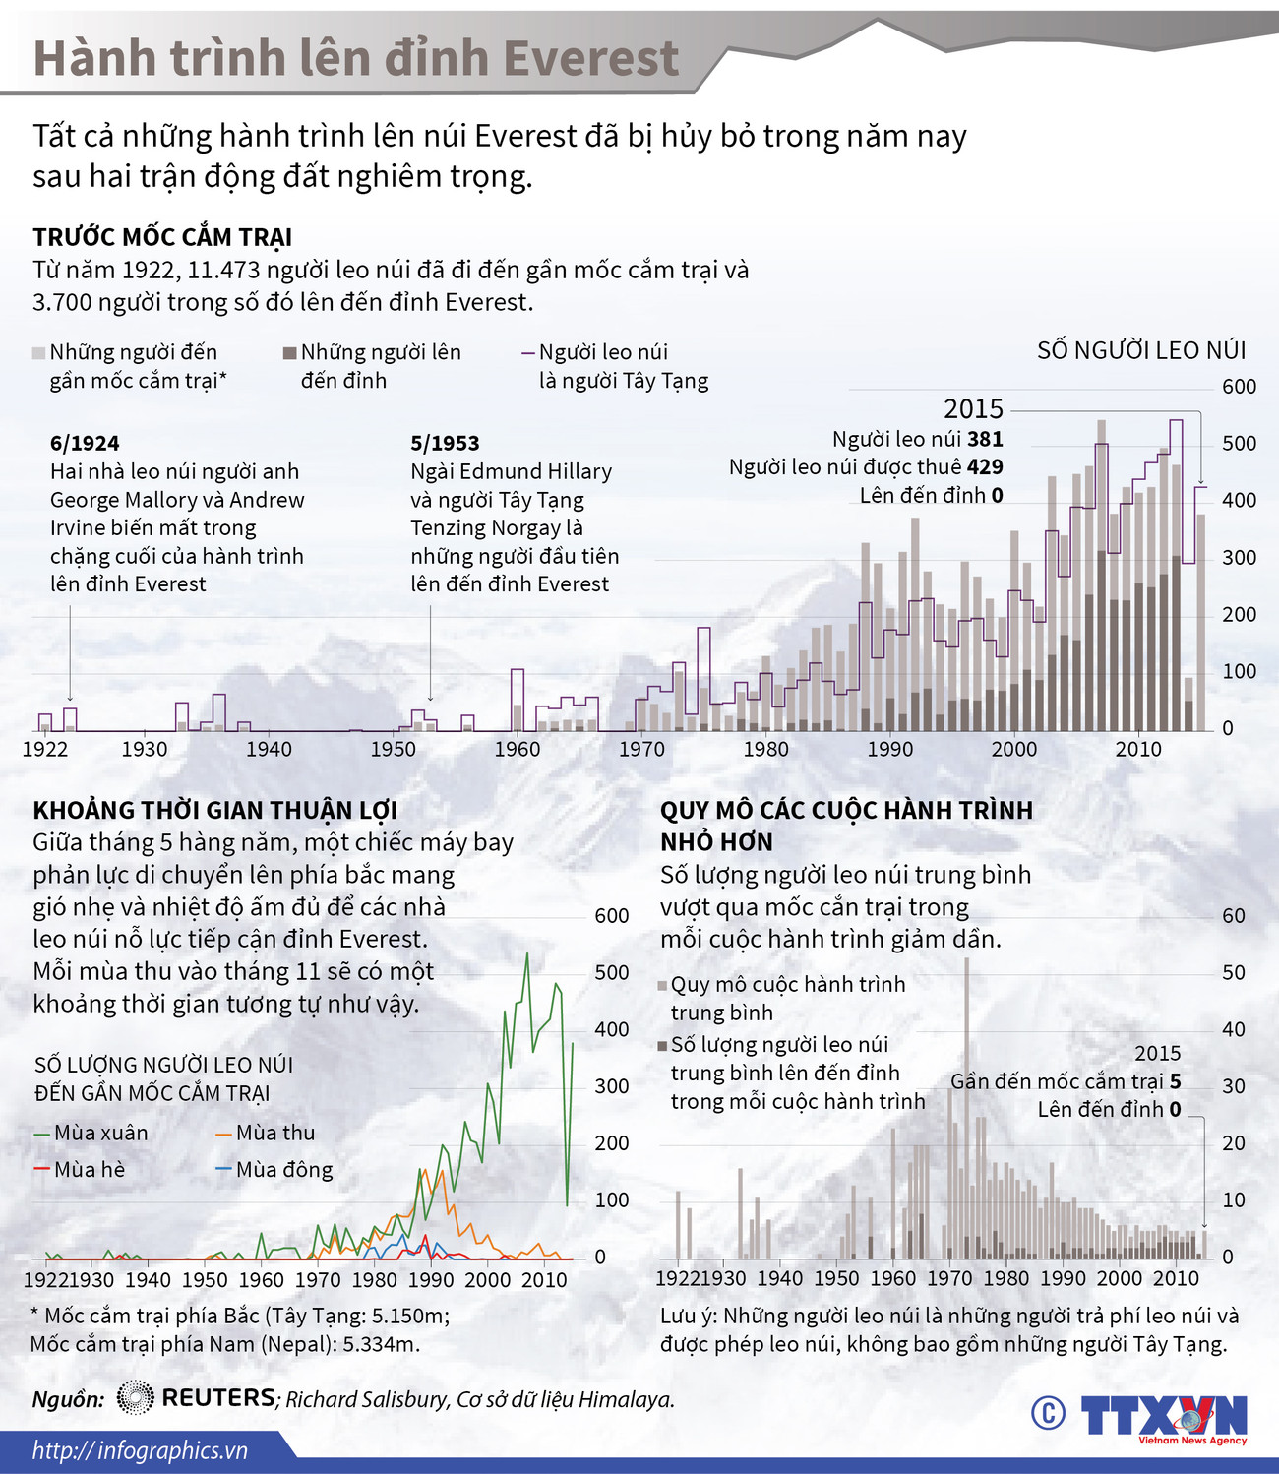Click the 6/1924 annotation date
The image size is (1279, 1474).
[x=85, y=443]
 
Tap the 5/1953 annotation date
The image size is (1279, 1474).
[x=445, y=443]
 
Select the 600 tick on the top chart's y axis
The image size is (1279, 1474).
[x=1239, y=387]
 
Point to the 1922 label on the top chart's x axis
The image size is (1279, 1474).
[x=45, y=749]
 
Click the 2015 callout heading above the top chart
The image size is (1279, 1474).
[x=973, y=409]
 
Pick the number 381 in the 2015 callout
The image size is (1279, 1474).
[x=985, y=439]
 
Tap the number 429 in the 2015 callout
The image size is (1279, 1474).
[x=985, y=467]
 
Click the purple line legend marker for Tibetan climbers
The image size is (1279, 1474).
[x=528, y=352]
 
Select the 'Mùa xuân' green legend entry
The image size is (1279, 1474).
[x=91, y=1133]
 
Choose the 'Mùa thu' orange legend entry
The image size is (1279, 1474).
[x=264, y=1133]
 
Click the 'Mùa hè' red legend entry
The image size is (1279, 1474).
[x=80, y=1170]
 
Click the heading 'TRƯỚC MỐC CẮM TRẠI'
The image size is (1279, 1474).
[x=162, y=237]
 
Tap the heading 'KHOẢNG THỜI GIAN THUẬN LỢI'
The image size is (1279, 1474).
[x=214, y=811]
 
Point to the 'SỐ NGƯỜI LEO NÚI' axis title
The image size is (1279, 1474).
[x=1141, y=351]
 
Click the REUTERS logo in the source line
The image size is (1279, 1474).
[x=197, y=1398]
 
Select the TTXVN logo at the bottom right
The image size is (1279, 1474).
[x=1164, y=1417]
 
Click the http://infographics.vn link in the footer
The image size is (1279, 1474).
[x=140, y=1450]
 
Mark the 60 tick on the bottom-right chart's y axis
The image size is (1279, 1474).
[x=1233, y=915]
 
